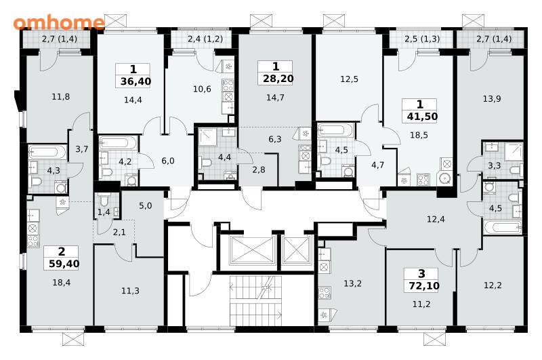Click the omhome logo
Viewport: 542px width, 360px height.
(x=59, y=22)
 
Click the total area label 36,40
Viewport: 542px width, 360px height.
(x=135, y=81)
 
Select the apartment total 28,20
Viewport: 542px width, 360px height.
(x=278, y=79)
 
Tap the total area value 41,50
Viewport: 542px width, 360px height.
(x=422, y=117)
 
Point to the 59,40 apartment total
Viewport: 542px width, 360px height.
(x=64, y=264)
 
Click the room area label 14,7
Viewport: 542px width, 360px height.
(x=275, y=98)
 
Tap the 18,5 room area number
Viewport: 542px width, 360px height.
(x=419, y=135)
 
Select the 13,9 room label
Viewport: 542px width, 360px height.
(x=492, y=99)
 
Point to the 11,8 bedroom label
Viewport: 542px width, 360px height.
(x=61, y=97)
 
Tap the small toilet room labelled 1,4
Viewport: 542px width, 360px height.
(x=104, y=212)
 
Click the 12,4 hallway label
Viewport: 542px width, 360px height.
(x=436, y=219)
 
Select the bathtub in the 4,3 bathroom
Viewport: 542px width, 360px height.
(x=47, y=152)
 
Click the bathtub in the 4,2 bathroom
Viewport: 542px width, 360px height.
(x=119, y=143)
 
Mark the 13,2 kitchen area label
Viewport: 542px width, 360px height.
(x=352, y=284)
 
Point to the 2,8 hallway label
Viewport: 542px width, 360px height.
(x=259, y=169)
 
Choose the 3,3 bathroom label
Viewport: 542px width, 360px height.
(x=495, y=165)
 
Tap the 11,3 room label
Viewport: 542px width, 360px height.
(x=130, y=291)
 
